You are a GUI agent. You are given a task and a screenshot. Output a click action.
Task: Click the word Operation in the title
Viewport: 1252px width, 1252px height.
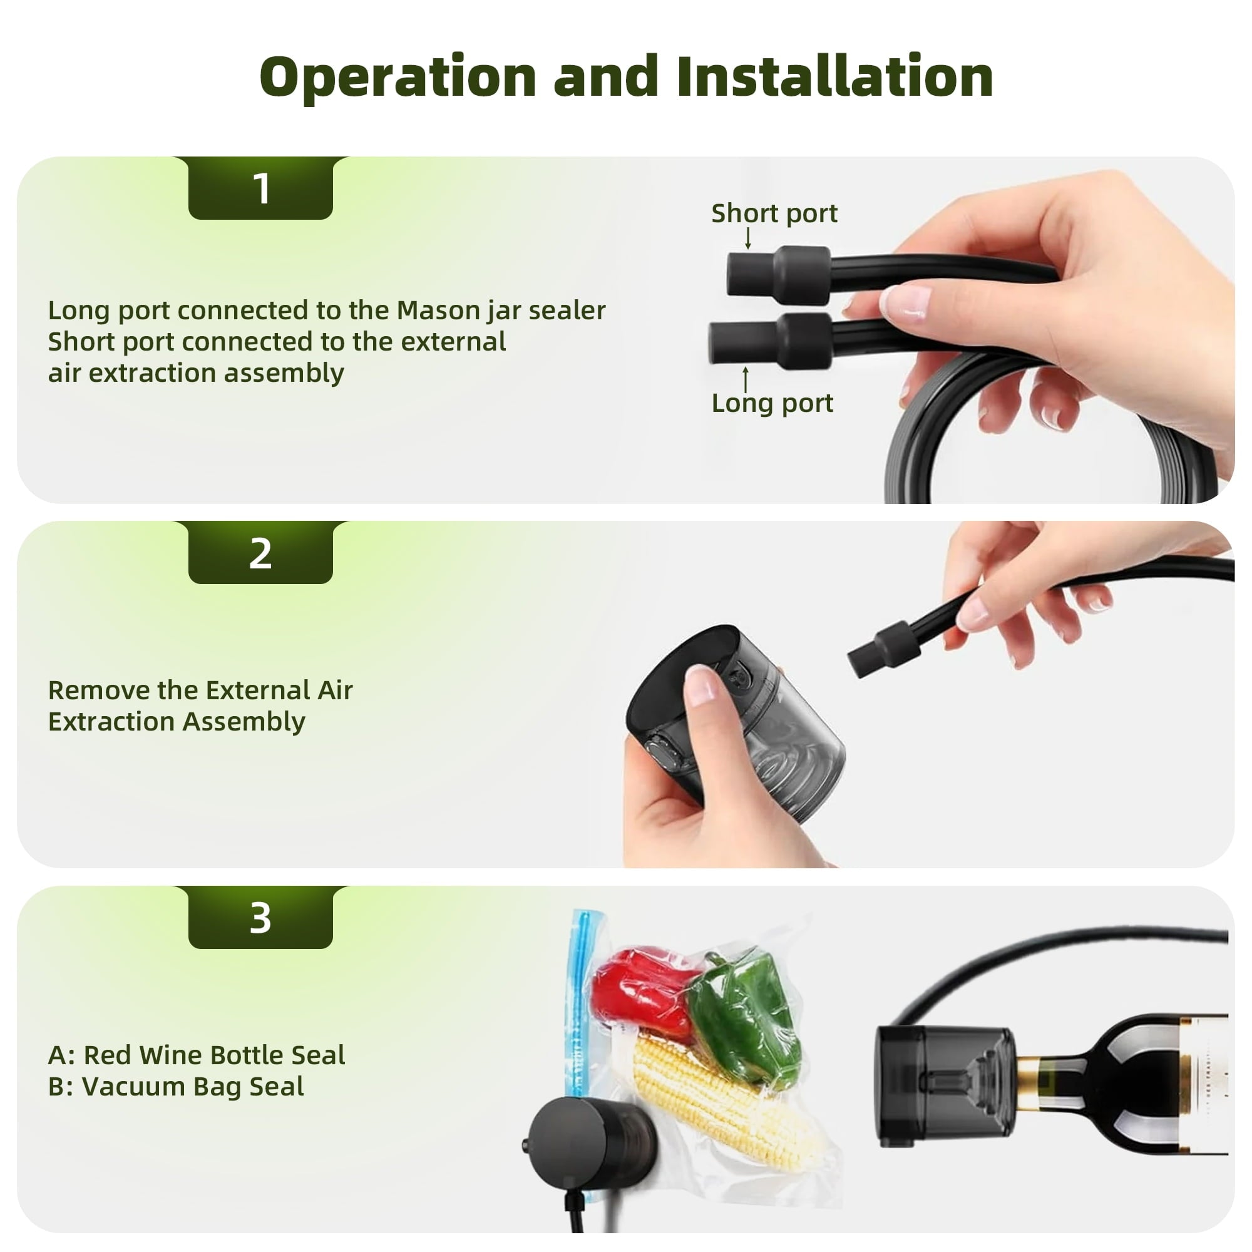(x=398, y=77)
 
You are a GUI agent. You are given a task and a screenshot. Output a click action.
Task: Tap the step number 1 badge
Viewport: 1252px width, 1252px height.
(x=260, y=188)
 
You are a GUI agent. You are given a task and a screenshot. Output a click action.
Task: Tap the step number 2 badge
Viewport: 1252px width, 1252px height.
(x=260, y=553)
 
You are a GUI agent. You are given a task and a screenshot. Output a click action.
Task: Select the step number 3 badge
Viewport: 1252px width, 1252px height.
(x=260, y=918)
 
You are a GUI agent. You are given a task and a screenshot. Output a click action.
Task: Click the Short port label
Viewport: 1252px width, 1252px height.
(x=774, y=213)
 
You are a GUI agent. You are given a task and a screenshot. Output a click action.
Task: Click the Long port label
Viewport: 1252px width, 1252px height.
(x=772, y=403)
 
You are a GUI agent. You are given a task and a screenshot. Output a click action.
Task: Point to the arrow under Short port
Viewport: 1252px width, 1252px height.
(x=748, y=238)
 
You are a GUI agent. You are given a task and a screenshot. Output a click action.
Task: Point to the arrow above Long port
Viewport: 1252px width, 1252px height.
(x=746, y=379)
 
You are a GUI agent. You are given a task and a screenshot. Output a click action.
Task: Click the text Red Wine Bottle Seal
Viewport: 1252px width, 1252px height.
(x=214, y=1055)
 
